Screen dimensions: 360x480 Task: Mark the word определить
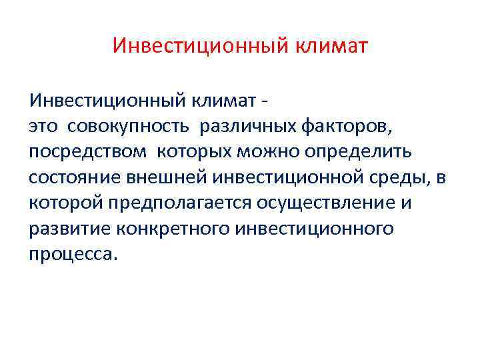359,151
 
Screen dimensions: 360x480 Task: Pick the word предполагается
177,203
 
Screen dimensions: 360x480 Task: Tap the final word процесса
73,254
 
